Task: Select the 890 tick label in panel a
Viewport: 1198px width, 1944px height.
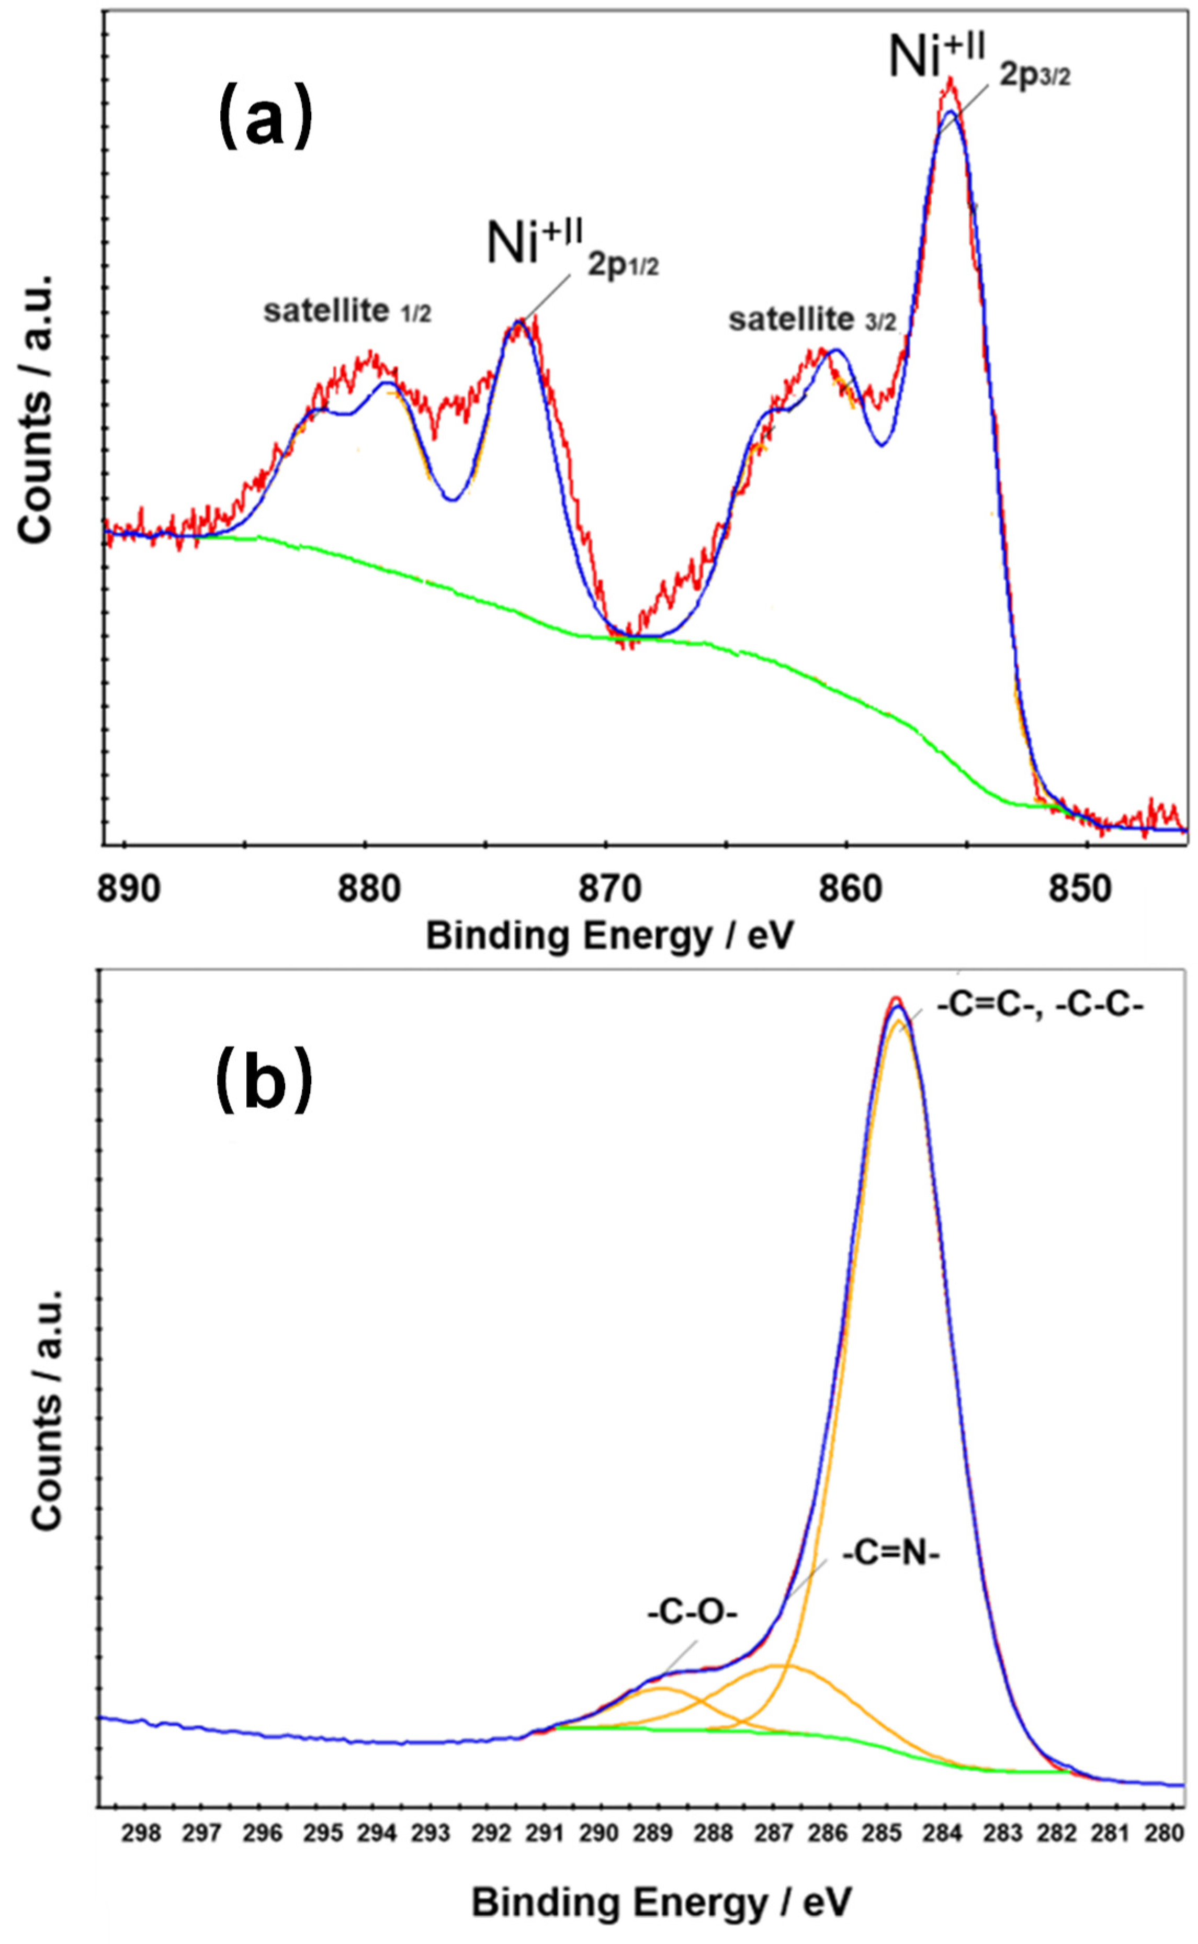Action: point(128,889)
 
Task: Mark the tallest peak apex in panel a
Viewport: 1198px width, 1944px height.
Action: point(950,79)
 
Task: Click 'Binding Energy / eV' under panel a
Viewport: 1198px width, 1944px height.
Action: point(609,937)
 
